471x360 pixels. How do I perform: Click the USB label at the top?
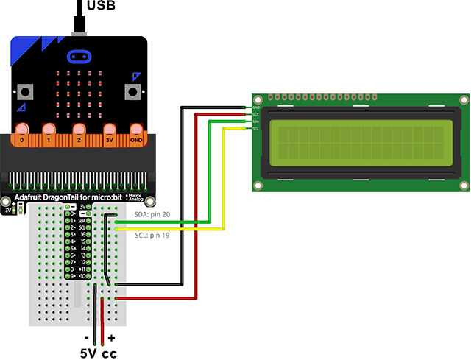tap(101, 7)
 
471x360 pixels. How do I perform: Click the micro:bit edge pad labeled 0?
tap(24, 137)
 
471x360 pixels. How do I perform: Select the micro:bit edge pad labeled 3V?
tap(110, 137)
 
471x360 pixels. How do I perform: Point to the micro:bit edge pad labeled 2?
tap(78, 137)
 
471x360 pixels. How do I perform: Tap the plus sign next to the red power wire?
tap(112, 338)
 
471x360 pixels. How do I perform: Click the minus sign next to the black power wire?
tap(87, 338)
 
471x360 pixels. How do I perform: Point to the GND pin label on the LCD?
tap(255, 108)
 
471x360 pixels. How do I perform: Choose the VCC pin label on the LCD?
tap(255, 115)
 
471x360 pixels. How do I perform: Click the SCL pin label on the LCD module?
tap(255, 128)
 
